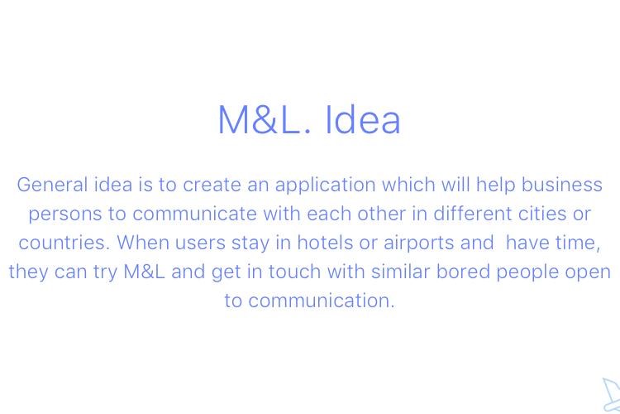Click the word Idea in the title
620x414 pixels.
click(x=363, y=119)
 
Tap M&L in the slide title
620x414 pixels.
click(x=264, y=119)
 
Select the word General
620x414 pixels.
click(x=52, y=185)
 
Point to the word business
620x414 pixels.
click(x=562, y=185)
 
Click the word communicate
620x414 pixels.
click(x=194, y=214)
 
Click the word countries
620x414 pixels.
click(x=64, y=243)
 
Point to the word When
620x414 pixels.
click(x=143, y=243)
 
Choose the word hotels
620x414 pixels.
click(x=325, y=243)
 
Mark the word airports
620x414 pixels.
click(x=419, y=243)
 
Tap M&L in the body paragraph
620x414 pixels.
click(x=144, y=272)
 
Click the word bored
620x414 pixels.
click(x=463, y=272)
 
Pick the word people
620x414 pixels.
click(x=527, y=272)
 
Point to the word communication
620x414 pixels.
click(x=309, y=301)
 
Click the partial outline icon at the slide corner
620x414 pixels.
click(x=611, y=395)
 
